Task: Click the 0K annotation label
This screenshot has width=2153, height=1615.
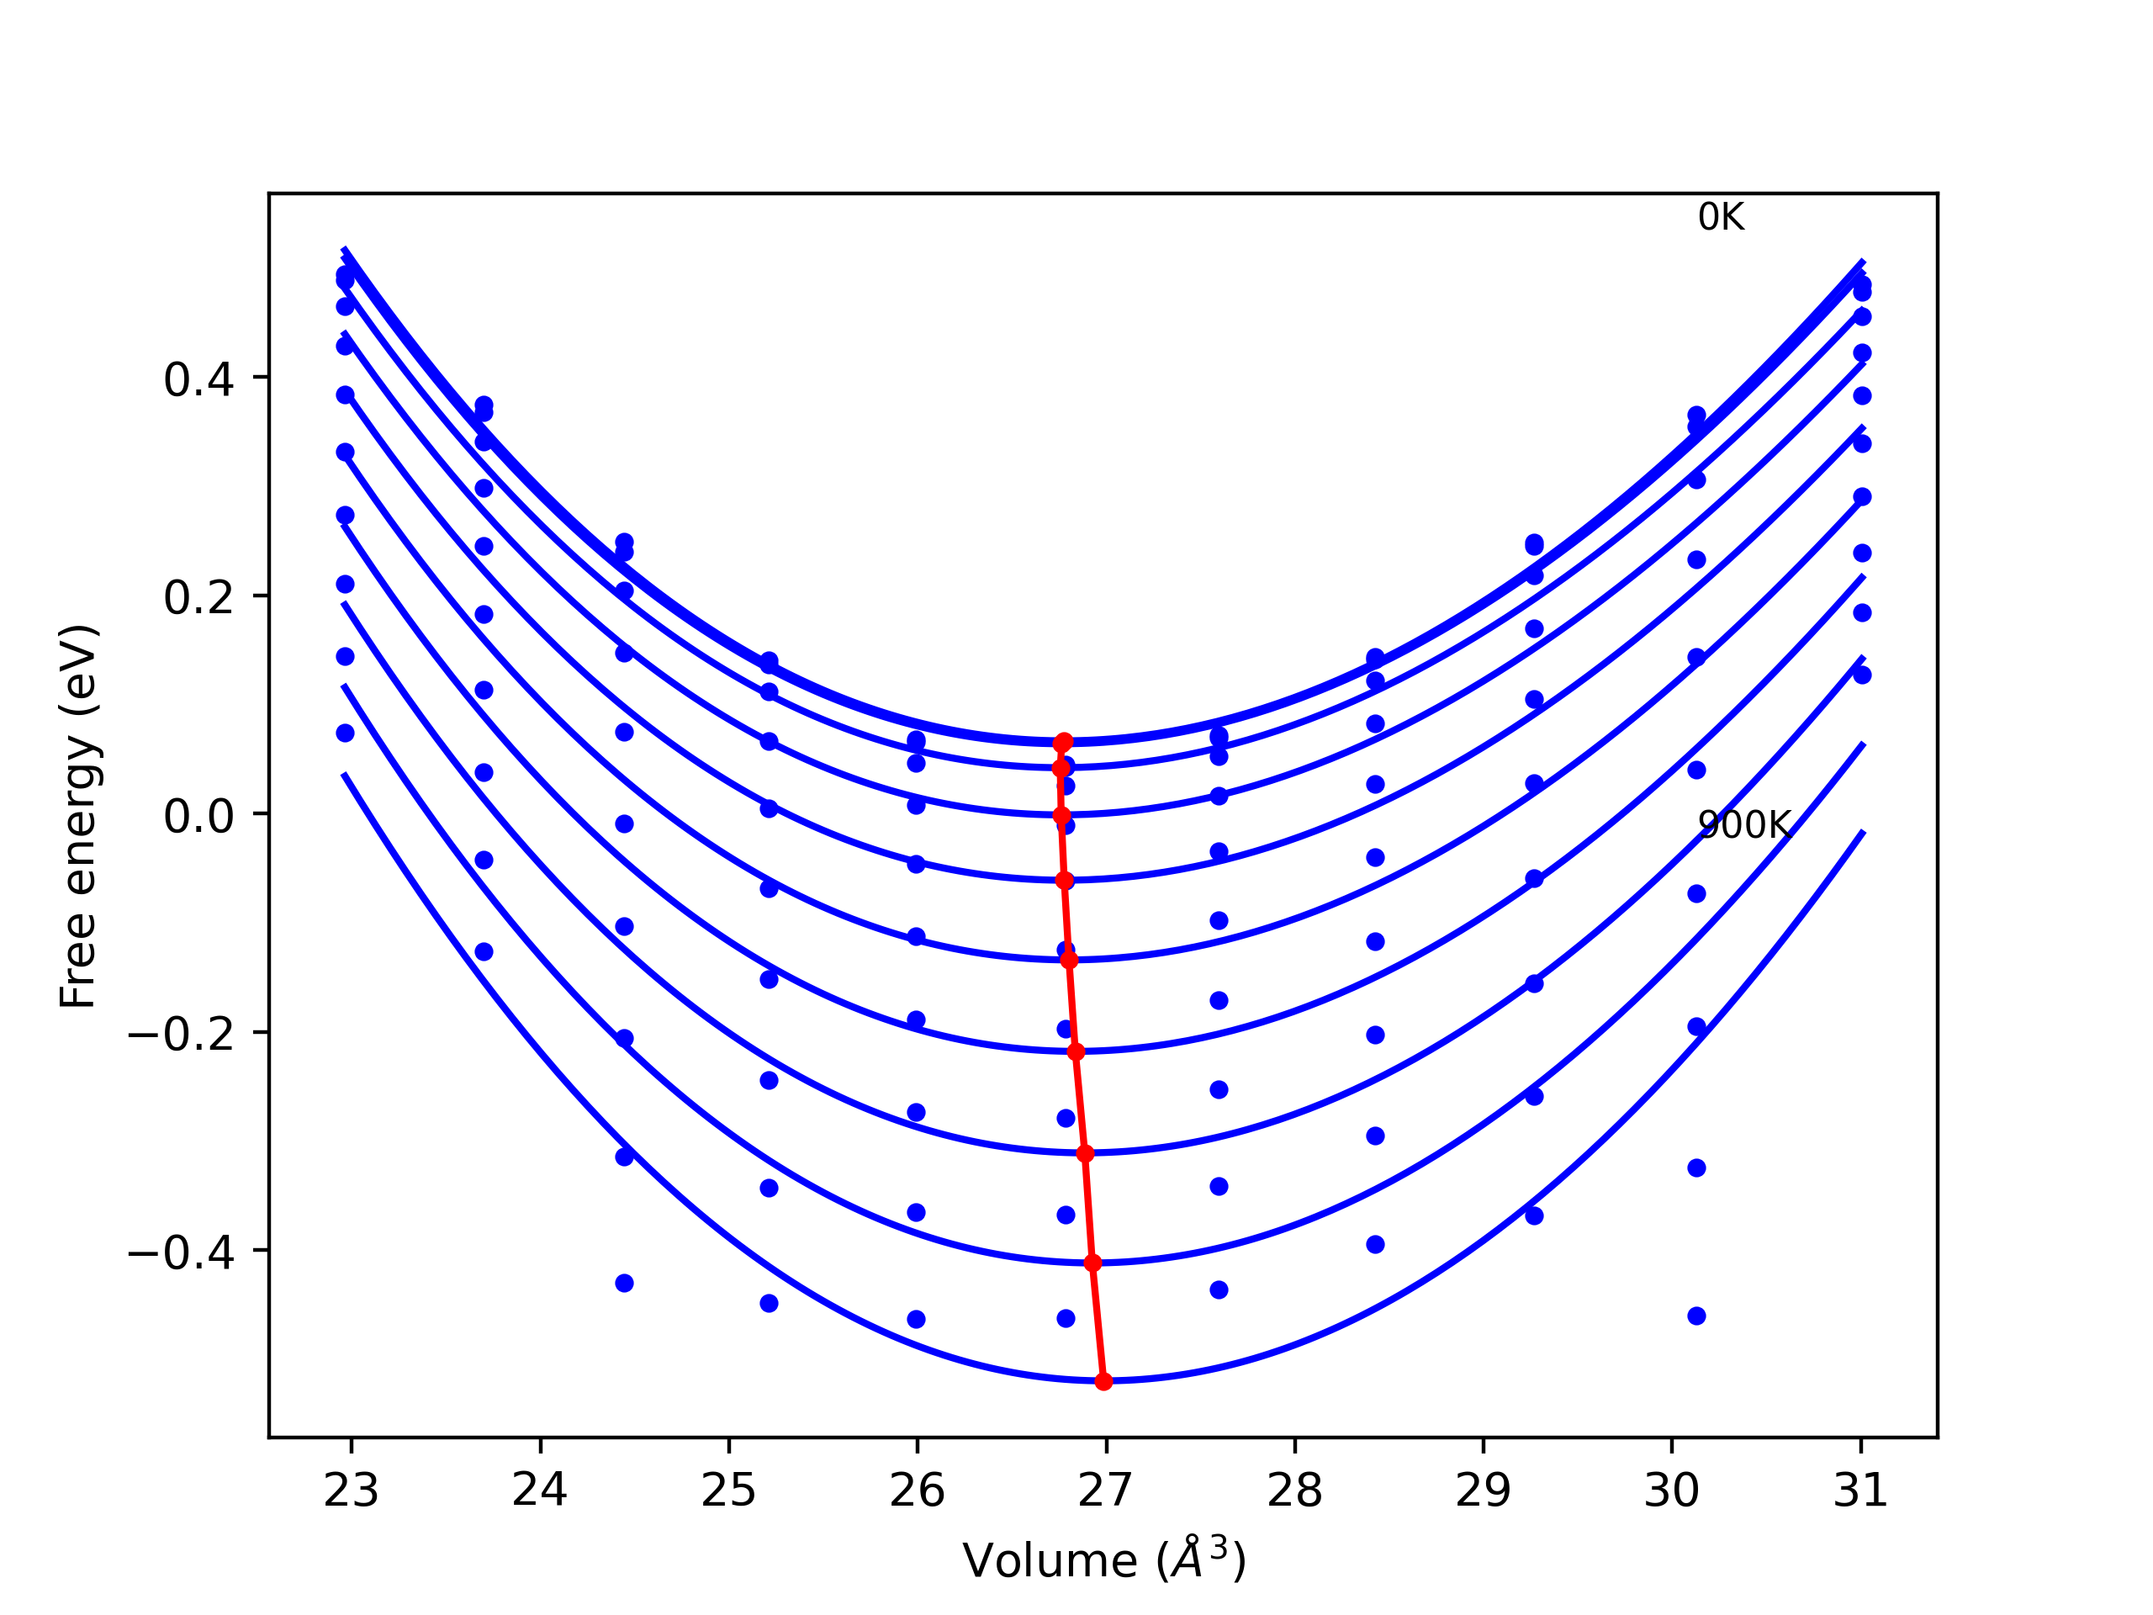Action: tap(1721, 217)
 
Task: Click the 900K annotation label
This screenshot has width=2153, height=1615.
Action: tap(1743, 825)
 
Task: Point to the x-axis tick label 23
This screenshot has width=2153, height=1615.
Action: tap(352, 1491)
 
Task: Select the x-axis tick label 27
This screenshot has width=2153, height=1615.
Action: tap(1106, 1491)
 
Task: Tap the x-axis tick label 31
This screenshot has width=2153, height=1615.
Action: tap(1861, 1491)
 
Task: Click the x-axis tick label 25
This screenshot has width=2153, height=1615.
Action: tap(729, 1491)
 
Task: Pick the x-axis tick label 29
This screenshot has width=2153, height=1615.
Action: tap(1484, 1491)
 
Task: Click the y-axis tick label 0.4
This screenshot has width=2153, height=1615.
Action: tap(199, 379)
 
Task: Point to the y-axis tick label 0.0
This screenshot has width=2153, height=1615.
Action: tap(199, 816)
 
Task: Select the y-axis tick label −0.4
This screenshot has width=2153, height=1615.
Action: tap(181, 1252)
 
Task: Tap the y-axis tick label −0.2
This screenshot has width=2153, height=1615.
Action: tap(181, 1035)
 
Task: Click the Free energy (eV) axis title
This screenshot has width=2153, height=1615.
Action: tap(79, 816)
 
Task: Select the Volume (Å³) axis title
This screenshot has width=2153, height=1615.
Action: tap(1103, 1560)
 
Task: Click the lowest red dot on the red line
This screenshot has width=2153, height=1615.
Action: tap(1103, 1381)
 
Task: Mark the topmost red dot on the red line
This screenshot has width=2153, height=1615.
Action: tap(1063, 743)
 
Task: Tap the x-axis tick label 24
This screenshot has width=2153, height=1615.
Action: tap(540, 1491)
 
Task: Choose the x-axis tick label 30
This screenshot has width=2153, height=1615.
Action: tap(1672, 1491)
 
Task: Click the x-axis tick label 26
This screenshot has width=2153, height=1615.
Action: tap(917, 1491)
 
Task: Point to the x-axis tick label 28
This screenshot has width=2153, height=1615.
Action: tap(1294, 1491)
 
